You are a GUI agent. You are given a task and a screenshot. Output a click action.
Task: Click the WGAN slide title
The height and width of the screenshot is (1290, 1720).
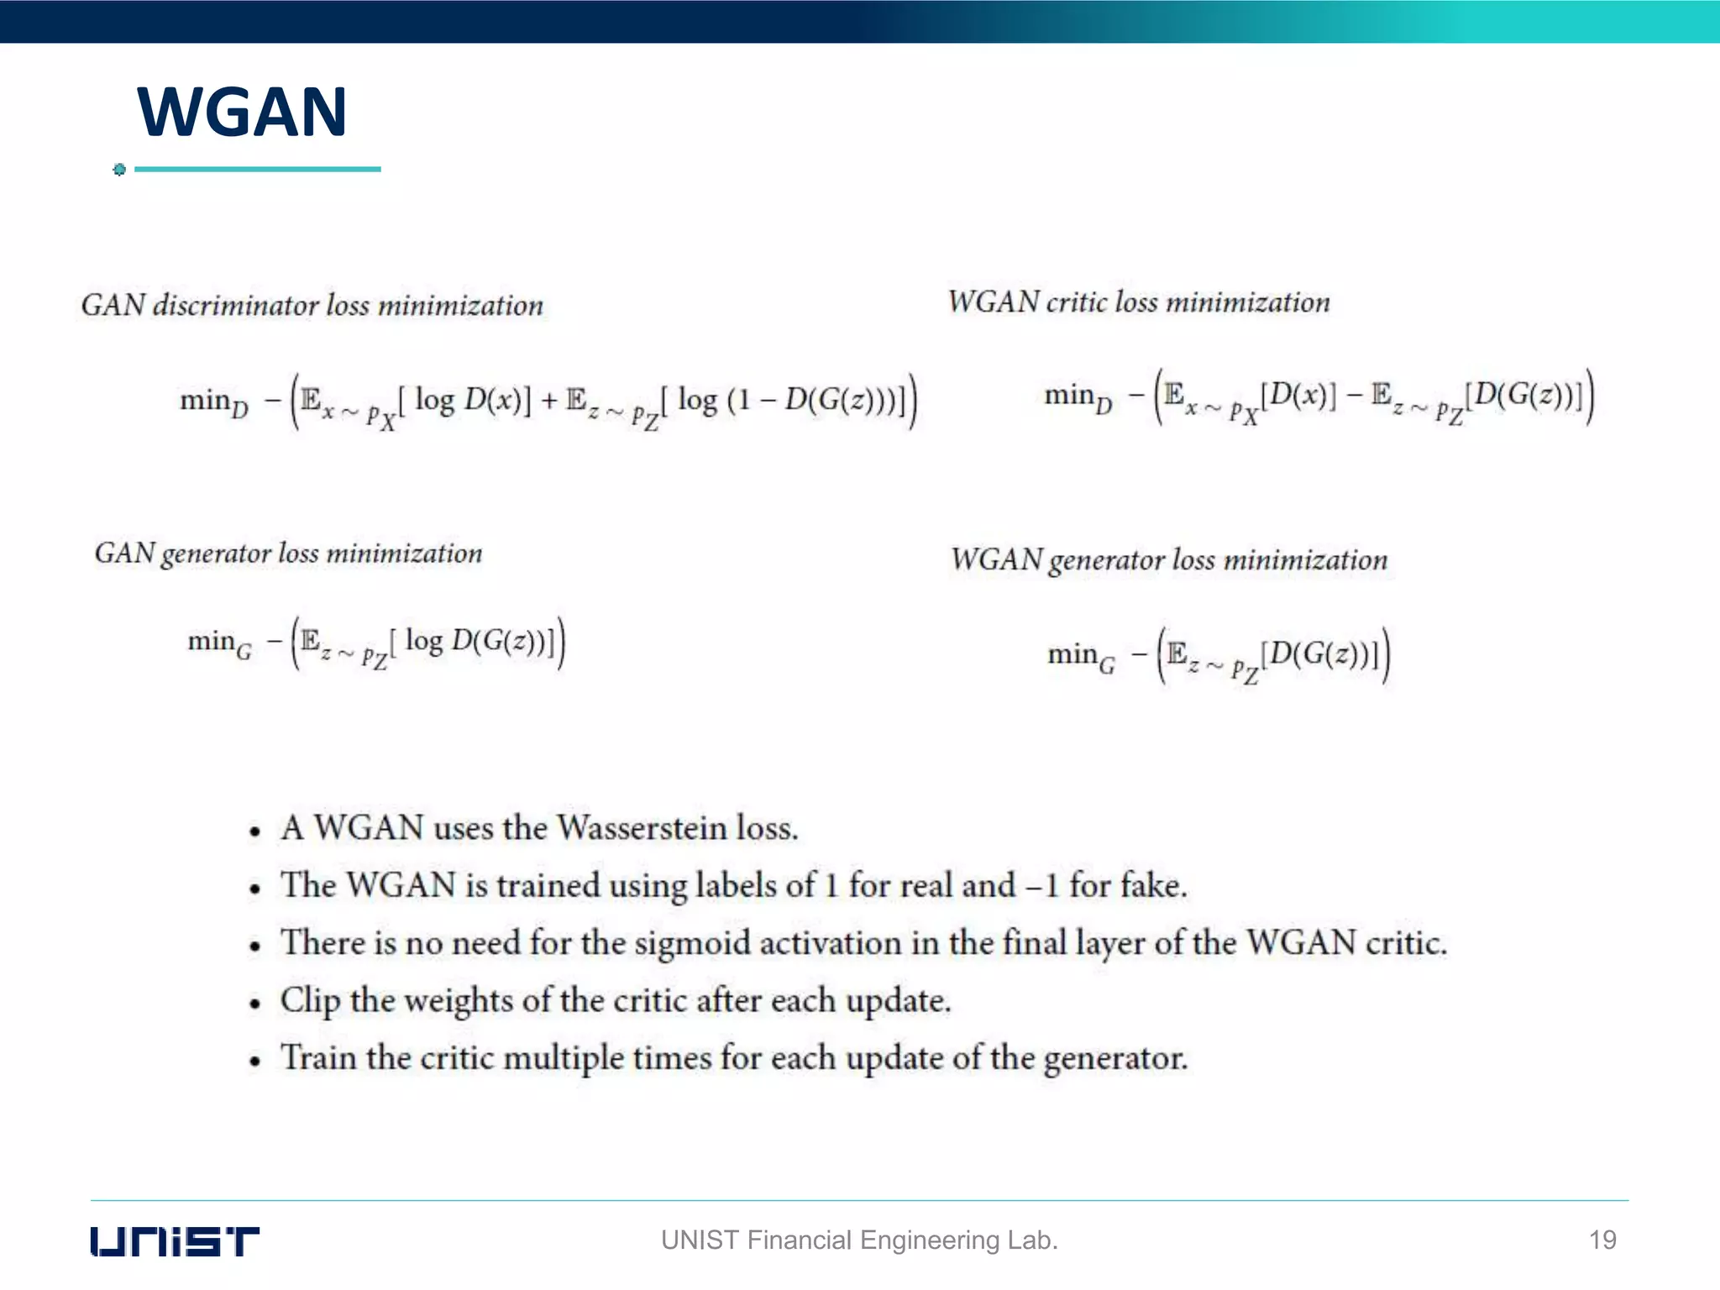(242, 112)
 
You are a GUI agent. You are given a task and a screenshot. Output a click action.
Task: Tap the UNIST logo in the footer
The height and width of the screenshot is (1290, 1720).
(175, 1240)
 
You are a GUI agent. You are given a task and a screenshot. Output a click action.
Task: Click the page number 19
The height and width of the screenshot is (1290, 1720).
(1602, 1240)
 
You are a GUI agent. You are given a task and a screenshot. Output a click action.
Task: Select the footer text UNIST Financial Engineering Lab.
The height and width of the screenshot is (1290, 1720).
(859, 1240)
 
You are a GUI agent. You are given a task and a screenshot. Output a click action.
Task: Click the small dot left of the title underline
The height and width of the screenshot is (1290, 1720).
(119, 170)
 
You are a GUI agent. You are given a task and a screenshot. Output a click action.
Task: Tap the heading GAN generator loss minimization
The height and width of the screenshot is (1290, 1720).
(288, 553)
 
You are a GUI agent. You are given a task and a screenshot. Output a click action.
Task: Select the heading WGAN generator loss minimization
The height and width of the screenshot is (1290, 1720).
(1168, 560)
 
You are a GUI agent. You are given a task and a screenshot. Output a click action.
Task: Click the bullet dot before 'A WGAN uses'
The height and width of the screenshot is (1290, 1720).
(255, 832)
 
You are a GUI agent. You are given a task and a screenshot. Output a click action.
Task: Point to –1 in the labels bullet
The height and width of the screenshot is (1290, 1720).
(1042, 886)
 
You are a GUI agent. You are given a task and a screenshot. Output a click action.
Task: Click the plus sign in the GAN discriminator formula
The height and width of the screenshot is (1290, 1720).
(549, 401)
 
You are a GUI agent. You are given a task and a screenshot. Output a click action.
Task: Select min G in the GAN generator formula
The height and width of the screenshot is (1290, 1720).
(219, 643)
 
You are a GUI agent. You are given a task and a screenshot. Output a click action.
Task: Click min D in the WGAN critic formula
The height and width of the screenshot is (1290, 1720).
(1078, 396)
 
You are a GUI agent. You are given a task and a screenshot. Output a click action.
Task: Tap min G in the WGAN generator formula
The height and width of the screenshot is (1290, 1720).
(1081, 655)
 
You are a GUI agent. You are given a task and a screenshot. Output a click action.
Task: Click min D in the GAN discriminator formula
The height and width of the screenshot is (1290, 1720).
(214, 401)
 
